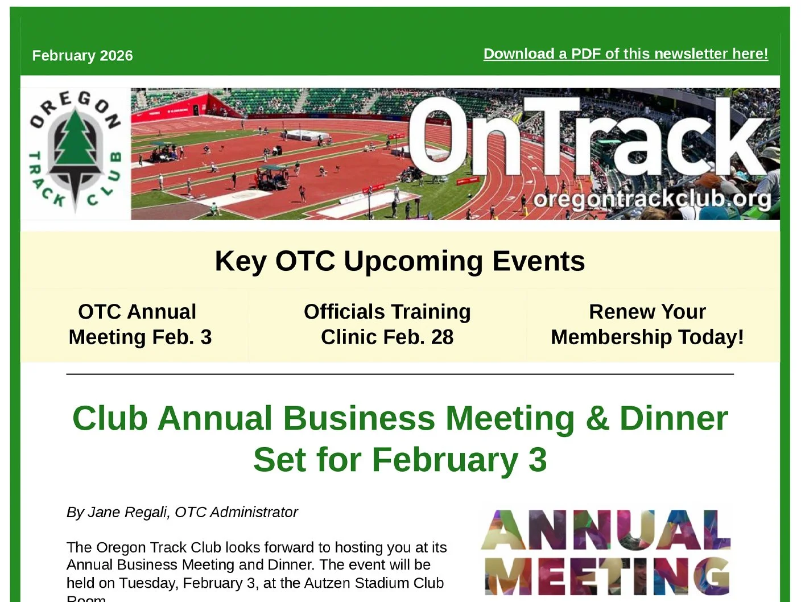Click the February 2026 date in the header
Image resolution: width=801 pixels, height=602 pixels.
pos(82,56)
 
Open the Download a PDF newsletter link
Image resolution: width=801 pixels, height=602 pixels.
pos(625,54)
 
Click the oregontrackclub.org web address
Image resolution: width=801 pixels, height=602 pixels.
pos(652,199)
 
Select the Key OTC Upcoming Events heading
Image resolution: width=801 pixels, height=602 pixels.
pos(399,261)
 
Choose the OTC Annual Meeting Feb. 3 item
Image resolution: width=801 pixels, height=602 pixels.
pos(139,324)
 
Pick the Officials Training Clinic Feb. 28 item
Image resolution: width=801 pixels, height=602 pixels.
pos(387,324)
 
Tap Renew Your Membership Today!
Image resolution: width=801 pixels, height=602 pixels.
pos(647,324)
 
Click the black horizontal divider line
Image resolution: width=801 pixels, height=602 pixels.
pos(399,374)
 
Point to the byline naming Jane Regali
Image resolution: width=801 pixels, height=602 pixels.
pos(182,512)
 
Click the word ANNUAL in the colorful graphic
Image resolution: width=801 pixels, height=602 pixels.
pos(605,530)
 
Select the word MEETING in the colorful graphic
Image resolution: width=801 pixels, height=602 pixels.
pos(606,576)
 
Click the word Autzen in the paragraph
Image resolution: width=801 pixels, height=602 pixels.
pos(326,583)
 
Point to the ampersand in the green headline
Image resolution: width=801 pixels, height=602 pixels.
pos(597,419)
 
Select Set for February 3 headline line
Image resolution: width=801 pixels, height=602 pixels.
pos(399,460)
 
